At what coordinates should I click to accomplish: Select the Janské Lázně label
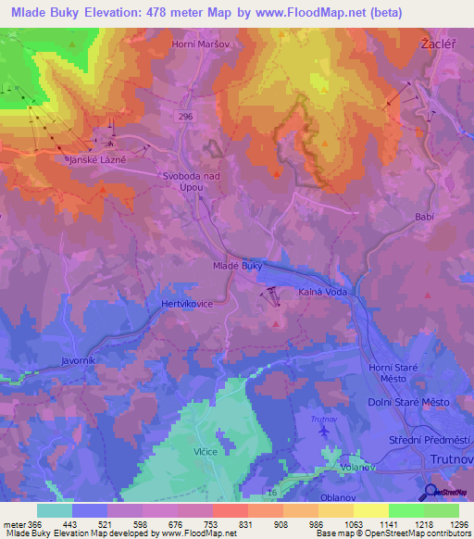pos(96,159)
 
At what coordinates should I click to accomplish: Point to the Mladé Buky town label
pos(238,266)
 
